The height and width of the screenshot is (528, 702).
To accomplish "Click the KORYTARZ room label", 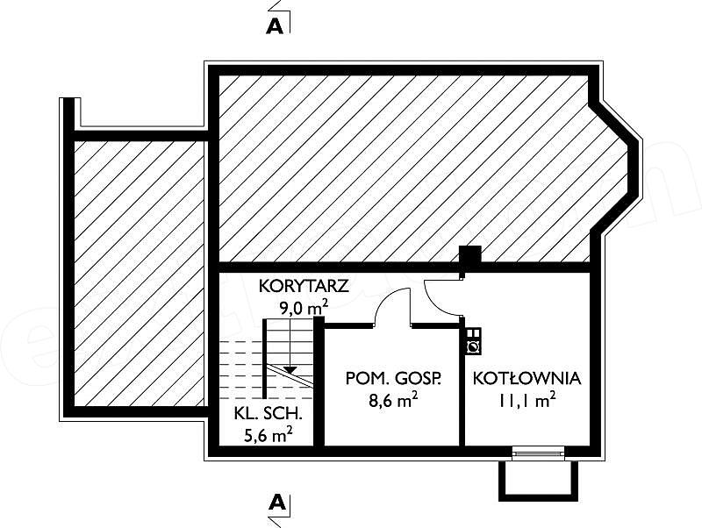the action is click(304, 287).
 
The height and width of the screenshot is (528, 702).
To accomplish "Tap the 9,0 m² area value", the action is click(304, 308).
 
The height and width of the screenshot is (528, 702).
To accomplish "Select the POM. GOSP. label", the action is click(393, 379).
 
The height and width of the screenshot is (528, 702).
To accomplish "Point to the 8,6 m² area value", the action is click(393, 400).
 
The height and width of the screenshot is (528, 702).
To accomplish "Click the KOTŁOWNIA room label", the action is click(527, 379).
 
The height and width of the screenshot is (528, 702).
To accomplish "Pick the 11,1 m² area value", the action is click(527, 400).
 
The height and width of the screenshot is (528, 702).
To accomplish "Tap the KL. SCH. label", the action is click(269, 414).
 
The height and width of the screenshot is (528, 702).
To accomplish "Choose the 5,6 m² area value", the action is click(269, 434).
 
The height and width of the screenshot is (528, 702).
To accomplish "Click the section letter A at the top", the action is click(275, 27).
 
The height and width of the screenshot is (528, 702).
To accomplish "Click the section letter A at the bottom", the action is click(277, 503).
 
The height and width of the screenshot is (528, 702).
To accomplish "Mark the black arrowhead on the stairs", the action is click(290, 369).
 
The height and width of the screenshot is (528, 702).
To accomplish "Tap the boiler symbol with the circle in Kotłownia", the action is click(473, 346).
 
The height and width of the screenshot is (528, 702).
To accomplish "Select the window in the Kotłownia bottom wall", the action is click(539, 453).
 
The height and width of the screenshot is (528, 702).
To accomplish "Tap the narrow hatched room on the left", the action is click(139, 274).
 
